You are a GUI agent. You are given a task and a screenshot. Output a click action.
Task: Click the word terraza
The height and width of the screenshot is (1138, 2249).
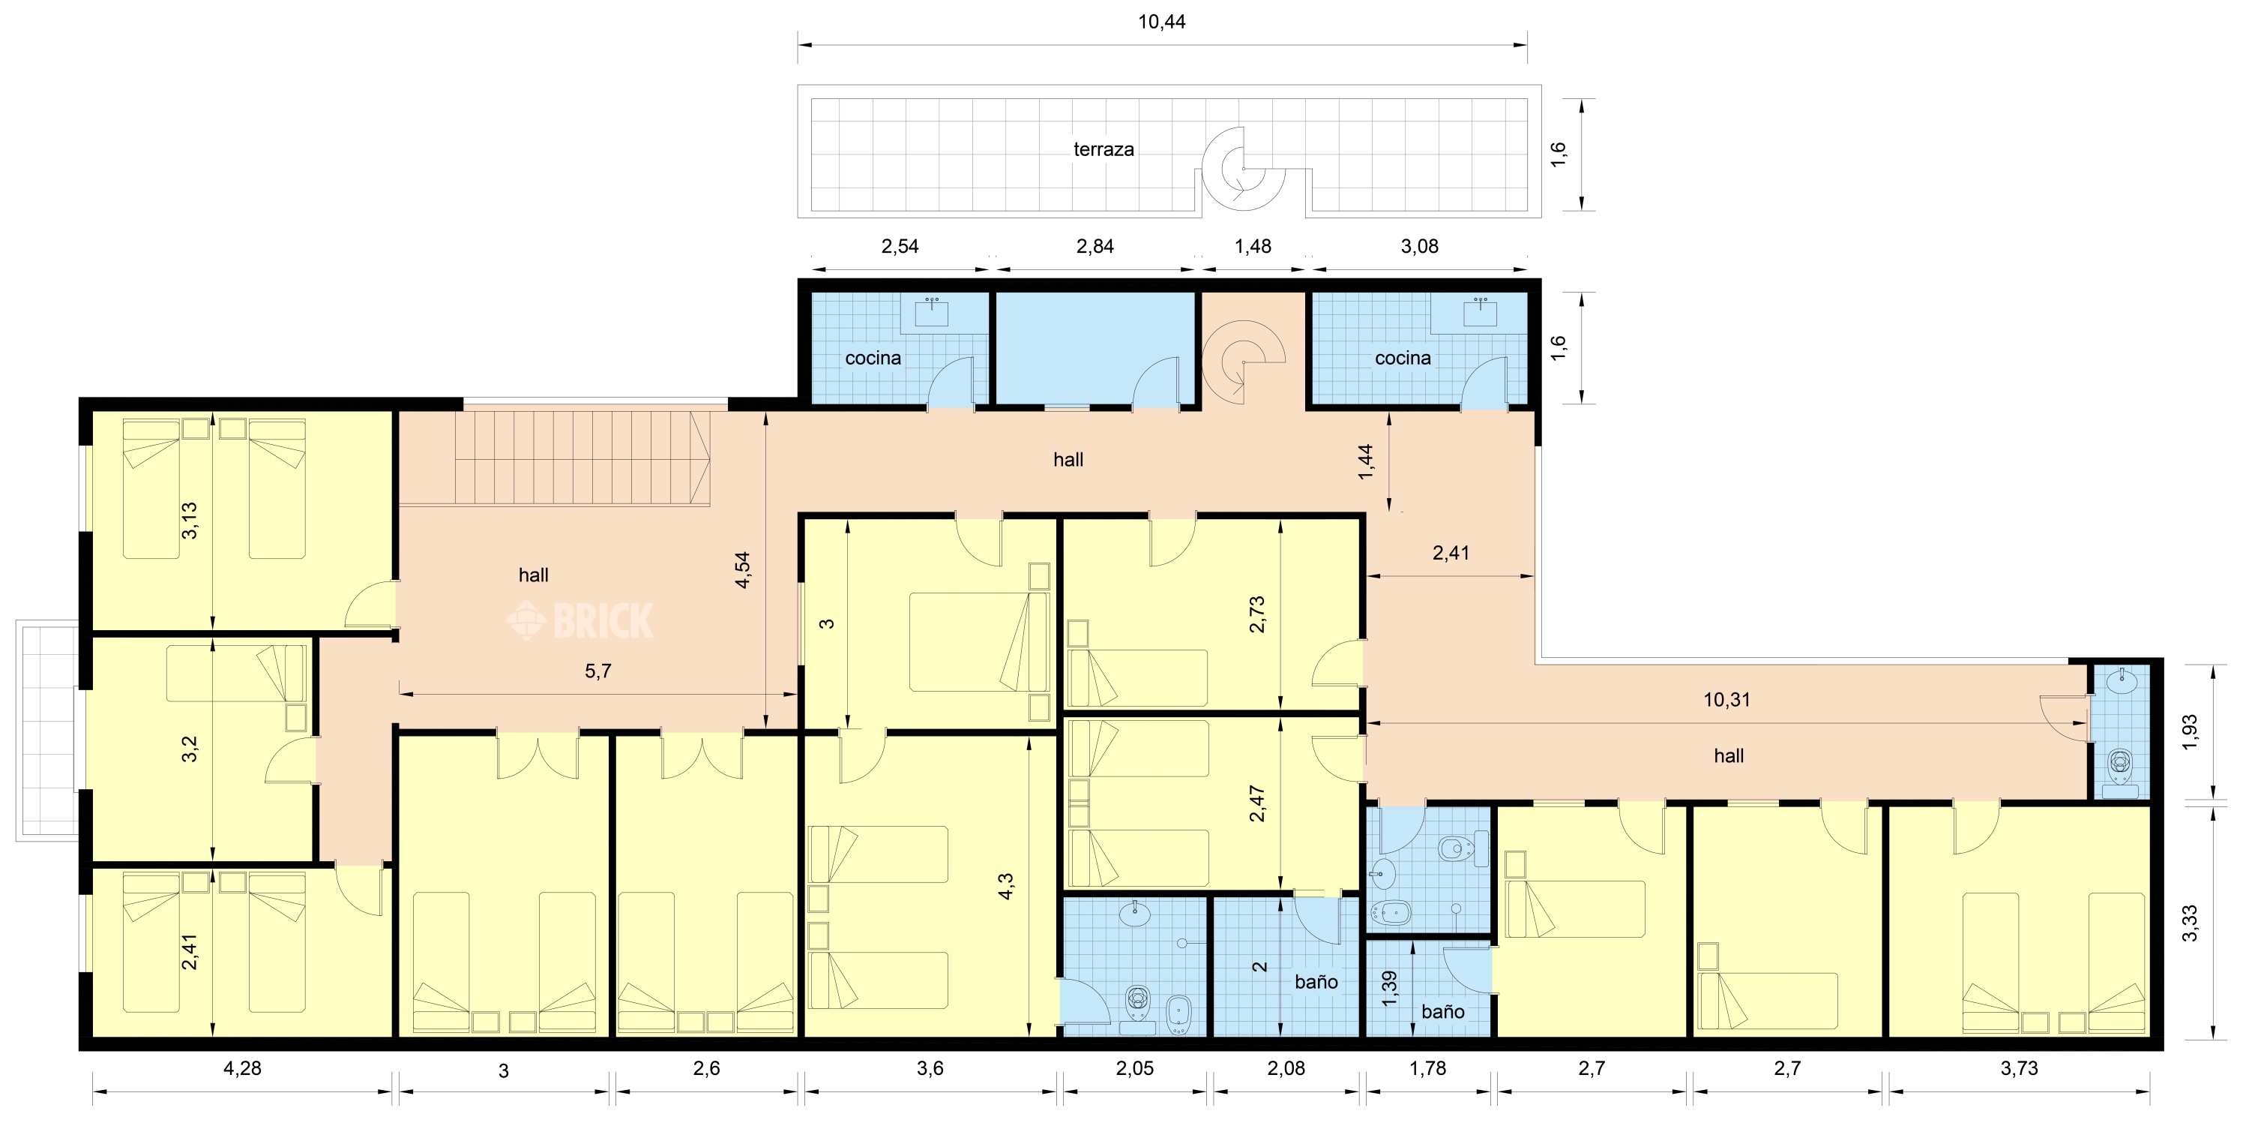pyautogui.click(x=1104, y=149)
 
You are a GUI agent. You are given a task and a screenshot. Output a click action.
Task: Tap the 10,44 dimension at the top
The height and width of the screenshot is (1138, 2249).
pyautogui.click(x=1162, y=22)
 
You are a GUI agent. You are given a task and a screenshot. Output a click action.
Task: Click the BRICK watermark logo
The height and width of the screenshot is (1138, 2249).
pyautogui.click(x=579, y=620)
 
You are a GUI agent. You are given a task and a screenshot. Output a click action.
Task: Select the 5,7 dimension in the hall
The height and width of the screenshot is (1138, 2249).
pyautogui.click(x=598, y=671)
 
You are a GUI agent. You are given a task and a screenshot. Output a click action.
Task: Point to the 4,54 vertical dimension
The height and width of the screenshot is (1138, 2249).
pyautogui.click(x=743, y=569)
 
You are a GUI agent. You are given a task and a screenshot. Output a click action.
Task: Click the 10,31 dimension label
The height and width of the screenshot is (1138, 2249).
pyautogui.click(x=1727, y=700)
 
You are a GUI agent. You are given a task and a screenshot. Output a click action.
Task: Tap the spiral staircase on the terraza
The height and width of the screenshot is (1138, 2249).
pyautogui.click(x=1243, y=169)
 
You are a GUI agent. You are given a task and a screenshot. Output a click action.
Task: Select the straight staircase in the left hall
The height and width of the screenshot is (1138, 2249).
pyautogui.click(x=556, y=458)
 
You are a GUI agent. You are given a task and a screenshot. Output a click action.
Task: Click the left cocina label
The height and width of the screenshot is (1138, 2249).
pyautogui.click(x=873, y=358)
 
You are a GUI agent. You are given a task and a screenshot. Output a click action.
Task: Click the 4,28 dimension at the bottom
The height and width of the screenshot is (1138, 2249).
pyautogui.click(x=243, y=1068)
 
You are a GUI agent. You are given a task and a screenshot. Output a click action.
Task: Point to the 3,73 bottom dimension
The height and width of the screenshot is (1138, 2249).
pyautogui.click(x=2020, y=1068)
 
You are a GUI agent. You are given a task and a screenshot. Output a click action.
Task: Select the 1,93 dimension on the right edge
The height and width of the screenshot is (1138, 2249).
pyautogui.click(x=2190, y=732)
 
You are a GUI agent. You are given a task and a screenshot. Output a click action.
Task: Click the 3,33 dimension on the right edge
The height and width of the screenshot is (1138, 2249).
pyautogui.click(x=2190, y=923)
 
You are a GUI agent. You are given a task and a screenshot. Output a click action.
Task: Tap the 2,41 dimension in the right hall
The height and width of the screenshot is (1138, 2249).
pyautogui.click(x=1451, y=553)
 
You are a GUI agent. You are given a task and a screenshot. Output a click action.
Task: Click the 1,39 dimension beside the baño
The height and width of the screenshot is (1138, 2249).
pyautogui.click(x=1390, y=989)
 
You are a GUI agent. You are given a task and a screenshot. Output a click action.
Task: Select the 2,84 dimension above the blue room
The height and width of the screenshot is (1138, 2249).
pyautogui.click(x=1095, y=246)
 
